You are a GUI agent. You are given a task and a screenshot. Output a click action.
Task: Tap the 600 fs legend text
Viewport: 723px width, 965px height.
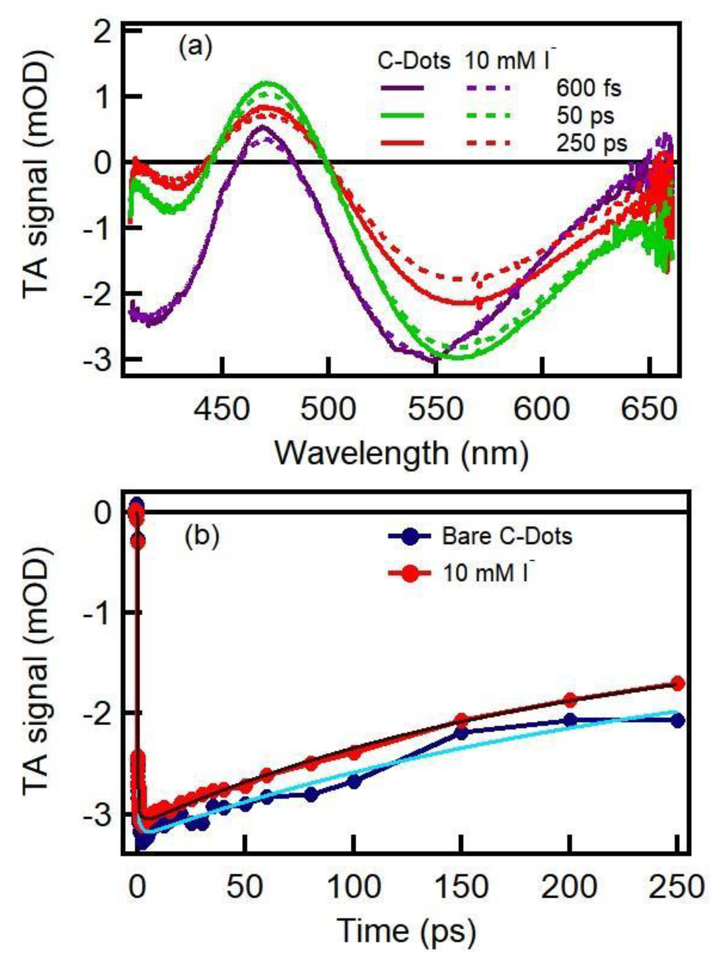coord(588,89)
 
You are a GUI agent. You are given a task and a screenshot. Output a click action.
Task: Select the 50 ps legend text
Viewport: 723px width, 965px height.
coord(585,116)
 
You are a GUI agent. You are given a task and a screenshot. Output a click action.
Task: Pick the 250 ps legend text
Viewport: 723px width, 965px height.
coord(591,143)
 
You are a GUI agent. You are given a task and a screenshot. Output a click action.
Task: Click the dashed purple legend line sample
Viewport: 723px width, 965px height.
coord(487,88)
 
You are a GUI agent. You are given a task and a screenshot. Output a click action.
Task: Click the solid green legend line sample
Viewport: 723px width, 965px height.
coord(402,116)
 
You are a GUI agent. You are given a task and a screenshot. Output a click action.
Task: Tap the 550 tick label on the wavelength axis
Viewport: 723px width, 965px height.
coord(435,409)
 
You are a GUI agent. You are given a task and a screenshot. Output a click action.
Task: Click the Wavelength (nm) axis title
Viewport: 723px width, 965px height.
coord(401,453)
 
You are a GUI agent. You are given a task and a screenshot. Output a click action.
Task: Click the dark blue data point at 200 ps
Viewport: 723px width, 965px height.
coord(570,720)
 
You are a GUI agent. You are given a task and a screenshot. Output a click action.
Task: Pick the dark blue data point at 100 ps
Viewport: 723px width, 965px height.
coord(354,782)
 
